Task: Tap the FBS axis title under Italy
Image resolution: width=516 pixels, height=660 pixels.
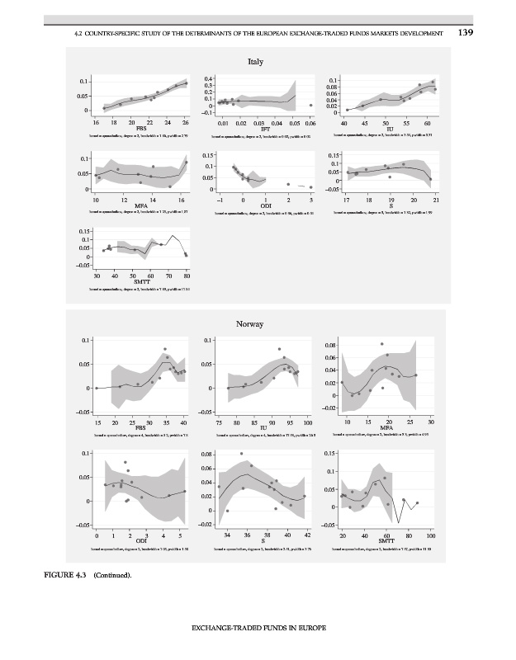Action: (x=141, y=129)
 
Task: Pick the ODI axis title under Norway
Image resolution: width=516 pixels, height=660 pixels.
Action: (x=141, y=541)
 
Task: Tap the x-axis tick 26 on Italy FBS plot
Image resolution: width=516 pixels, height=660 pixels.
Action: (x=187, y=122)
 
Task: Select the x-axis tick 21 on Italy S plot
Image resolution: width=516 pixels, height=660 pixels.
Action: (x=436, y=199)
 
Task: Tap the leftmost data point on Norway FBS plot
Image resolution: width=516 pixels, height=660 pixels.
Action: (x=97, y=388)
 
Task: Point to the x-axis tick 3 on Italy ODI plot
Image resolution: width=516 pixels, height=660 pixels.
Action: (x=310, y=199)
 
